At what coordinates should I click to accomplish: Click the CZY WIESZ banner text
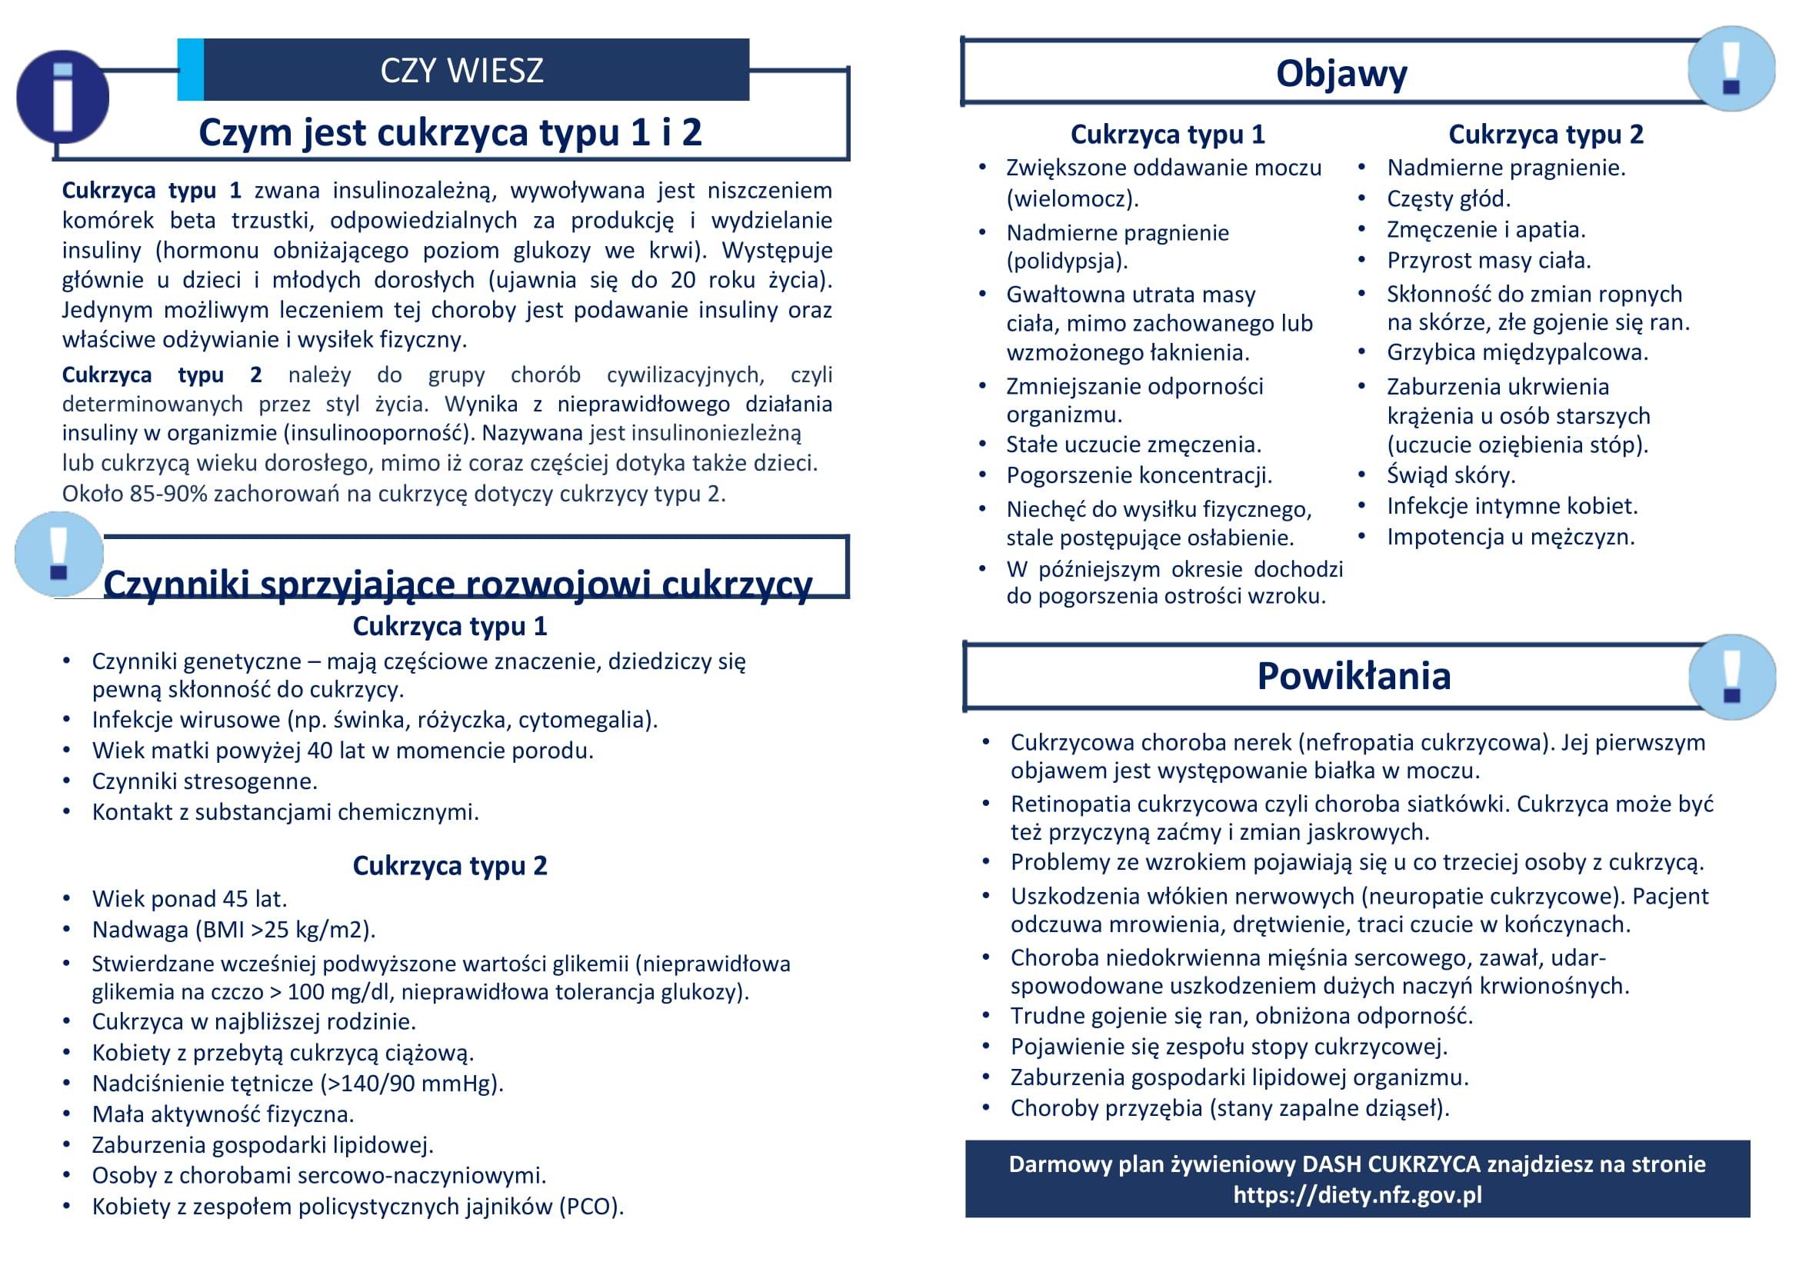461,71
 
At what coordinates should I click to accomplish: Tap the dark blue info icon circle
62,98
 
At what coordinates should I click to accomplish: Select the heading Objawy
1341,74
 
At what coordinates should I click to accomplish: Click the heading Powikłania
1354,676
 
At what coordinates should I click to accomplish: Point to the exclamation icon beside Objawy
1730,68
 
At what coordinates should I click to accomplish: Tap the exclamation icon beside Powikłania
1731,677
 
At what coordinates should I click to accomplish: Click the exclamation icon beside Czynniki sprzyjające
58,554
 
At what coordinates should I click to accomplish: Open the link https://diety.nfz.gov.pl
1357,1195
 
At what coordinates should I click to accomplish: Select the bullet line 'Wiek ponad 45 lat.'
190,898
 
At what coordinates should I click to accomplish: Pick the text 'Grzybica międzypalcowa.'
1517,352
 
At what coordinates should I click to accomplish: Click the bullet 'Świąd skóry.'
1451,475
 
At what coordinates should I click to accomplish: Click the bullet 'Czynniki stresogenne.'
205,781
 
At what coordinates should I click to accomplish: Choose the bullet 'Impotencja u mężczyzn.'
1511,537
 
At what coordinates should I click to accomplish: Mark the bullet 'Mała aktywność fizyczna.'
223,1114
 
